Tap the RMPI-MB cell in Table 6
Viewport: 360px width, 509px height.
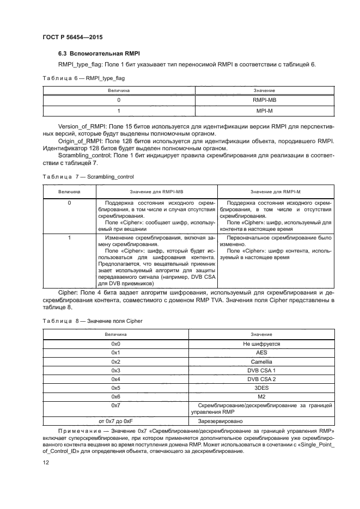(264, 100)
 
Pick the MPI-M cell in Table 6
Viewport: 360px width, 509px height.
(264, 111)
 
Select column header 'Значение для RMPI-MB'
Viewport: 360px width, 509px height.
(157, 192)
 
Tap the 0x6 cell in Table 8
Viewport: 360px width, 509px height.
(115, 396)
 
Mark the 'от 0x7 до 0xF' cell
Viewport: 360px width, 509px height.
(115, 421)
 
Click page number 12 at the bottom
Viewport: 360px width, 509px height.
(46, 462)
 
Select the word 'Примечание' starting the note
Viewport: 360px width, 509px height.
(76, 431)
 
